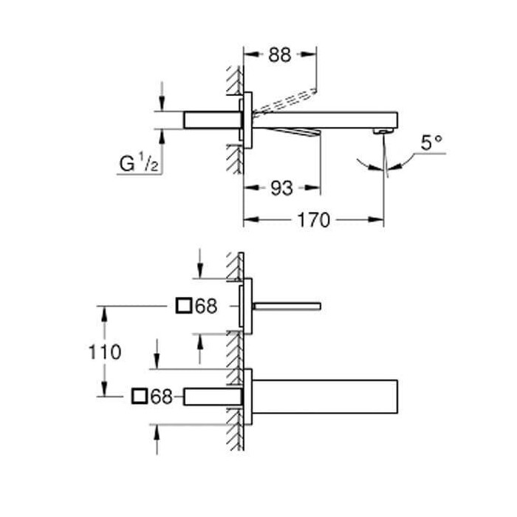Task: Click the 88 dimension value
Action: pos(280,55)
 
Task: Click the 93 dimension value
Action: pos(281,188)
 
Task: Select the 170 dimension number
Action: pos(314,220)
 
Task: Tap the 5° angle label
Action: pos(431,143)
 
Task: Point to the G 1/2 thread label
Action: pos(139,163)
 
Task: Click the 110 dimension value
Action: pos(105,352)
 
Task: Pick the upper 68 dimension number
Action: pos(206,307)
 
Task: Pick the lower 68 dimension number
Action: pos(162,397)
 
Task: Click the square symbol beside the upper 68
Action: pos(184,305)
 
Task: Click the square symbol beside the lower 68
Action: pos(139,396)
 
